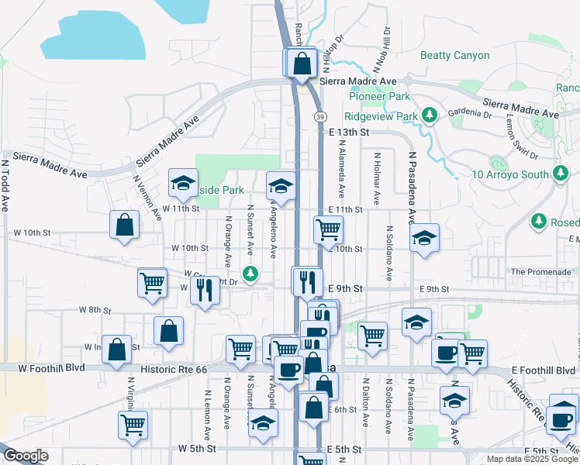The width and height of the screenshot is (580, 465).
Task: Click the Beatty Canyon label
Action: pyautogui.click(x=454, y=56)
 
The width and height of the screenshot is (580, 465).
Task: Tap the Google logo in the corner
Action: pyautogui.click(x=26, y=456)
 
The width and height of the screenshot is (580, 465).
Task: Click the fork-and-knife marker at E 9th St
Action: pyautogui.click(x=306, y=281)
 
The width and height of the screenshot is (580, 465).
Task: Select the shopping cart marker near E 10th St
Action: pyautogui.click(x=328, y=229)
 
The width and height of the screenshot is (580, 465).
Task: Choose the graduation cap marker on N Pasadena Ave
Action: pyautogui.click(x=424, y=238)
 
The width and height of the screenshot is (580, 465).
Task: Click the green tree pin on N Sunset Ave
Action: pyautogui.click(x=250, y=272)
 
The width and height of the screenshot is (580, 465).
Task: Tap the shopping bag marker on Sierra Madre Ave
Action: pyautogui.click(x=303, y=63)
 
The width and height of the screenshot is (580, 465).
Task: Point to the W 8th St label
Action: pyautogui.click(x=95, y=310)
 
